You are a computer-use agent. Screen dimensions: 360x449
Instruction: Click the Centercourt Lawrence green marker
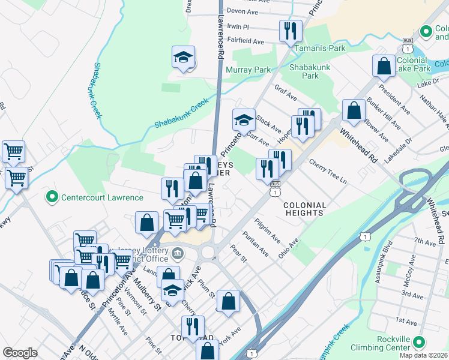pyautogui.click(x=52, y=197)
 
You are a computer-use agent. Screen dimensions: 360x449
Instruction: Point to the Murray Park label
pyautogui.click(x=248, y=70)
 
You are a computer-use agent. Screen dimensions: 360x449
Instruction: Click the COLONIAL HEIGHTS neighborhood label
pyautogui.click(x=304, y=209)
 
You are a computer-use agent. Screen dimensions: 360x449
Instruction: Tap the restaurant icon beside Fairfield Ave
pyautogui.click(x=291, y=31)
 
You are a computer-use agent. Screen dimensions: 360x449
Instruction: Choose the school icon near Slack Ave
pyautogui.click(x=244, y=119)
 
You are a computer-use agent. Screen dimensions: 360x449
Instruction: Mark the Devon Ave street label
pyautogui.click(x=242, y=11)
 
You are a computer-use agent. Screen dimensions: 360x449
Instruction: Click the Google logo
pyautogui.click(x=20, y=352)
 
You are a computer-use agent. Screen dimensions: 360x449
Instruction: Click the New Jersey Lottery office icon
pyautogui.click(x=177, y=253)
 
